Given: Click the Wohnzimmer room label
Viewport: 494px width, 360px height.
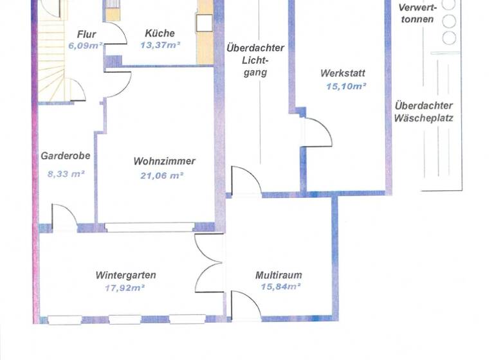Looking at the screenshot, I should tap(164, 161).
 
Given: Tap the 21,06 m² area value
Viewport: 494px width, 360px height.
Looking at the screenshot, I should tap(162, 174).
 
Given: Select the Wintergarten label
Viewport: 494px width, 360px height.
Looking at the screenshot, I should tap(125, 275).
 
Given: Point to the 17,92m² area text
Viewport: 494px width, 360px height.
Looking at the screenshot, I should tap(124, 287).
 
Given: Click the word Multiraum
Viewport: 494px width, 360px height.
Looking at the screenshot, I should tap(279, 275).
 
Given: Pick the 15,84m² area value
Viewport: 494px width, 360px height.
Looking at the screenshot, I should tap(280, 287).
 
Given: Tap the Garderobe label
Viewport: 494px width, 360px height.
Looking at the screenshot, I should tap(65, 156).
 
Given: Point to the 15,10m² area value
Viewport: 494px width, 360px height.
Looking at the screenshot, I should tap(346, 85).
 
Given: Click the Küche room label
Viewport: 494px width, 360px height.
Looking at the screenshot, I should tap(160, 33).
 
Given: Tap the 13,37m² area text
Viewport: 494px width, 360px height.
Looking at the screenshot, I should tap(160, 45).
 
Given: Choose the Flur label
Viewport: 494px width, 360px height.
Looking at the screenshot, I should tap(87, 34).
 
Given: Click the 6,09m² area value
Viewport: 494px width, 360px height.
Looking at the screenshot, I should tap(86, 46).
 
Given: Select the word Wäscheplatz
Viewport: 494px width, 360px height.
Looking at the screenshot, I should tap(424, 118).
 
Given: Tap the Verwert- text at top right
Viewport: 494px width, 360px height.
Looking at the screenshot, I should tap(418, 8).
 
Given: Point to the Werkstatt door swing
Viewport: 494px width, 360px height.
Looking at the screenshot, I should tap(318, 134).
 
